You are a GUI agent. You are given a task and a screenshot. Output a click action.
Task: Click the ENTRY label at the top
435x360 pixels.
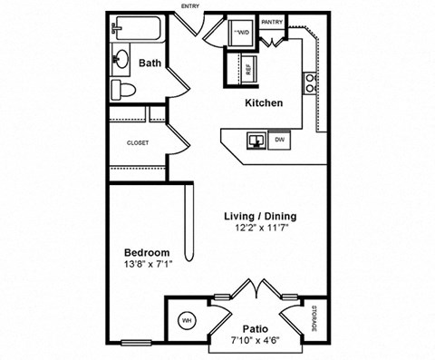(191, 6)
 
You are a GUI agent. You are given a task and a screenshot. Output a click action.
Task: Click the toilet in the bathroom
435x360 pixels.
(123, 89)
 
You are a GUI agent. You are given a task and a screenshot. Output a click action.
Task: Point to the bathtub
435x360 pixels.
(138, 30)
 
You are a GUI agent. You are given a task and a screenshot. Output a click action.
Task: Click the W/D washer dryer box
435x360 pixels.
(242, 34)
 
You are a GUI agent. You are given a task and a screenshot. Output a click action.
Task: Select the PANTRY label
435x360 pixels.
(272, 21)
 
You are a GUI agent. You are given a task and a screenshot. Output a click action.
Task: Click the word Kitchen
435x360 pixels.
(264, 103)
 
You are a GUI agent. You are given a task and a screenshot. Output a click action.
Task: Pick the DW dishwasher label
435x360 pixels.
(281, 141)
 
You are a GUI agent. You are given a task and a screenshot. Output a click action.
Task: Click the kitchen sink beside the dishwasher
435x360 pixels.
(256, 141)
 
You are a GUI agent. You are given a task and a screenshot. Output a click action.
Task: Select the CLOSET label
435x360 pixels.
(138, 142)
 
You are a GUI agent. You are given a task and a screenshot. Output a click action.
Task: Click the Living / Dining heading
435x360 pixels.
(260, 217)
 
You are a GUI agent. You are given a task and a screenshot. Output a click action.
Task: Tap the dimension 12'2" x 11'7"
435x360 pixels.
(260, 229)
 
